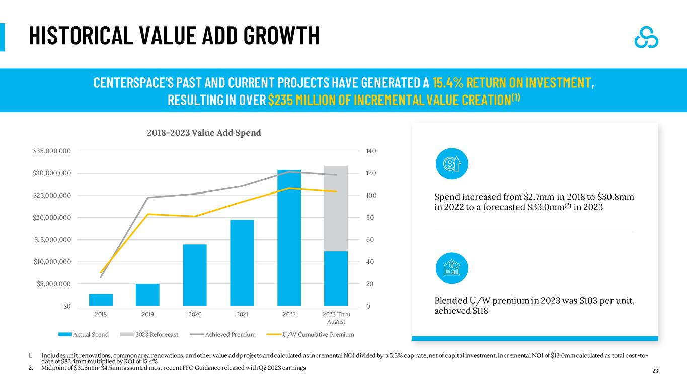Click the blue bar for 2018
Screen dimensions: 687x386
101,300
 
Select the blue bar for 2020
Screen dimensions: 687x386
195,275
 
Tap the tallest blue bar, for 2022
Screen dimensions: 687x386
289,238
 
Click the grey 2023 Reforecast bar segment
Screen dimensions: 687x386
336,209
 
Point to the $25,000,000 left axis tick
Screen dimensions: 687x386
52,196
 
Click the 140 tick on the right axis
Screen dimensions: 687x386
371,151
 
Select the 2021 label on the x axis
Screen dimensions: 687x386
242,314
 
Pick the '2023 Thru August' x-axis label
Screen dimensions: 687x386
336,318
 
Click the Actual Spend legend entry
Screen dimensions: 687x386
84,335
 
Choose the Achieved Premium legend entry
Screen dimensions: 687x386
222,335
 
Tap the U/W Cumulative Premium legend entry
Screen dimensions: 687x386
311,335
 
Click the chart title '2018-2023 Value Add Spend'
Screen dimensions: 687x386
204,133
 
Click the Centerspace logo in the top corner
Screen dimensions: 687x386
646,37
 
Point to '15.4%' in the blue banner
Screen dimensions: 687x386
448,83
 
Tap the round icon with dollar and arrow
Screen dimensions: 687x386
452,163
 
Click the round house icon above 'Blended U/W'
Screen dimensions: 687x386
452,268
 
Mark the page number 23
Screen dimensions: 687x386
655,371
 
